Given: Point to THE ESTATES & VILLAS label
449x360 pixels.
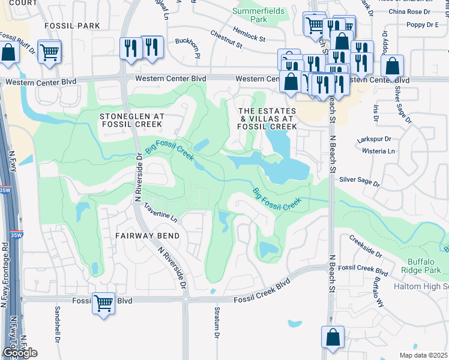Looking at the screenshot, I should pyautogui.click(x=268, y=119).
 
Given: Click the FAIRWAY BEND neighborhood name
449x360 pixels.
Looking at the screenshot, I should pyautogui.click(x=147, y=236).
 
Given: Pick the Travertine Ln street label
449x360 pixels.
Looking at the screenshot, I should pyautogui.click(x=161, y=212).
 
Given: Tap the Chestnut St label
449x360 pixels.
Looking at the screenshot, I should pyautogui.click(x=226, y=39).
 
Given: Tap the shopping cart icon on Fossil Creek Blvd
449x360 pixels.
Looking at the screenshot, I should pyautogui.click(x=103, y=303).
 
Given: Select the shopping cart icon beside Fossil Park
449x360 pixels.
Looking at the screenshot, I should pyautogui.click(x=49, y=51).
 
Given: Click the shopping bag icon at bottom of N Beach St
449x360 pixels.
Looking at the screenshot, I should pyautogui.click(x=333, y=337).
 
